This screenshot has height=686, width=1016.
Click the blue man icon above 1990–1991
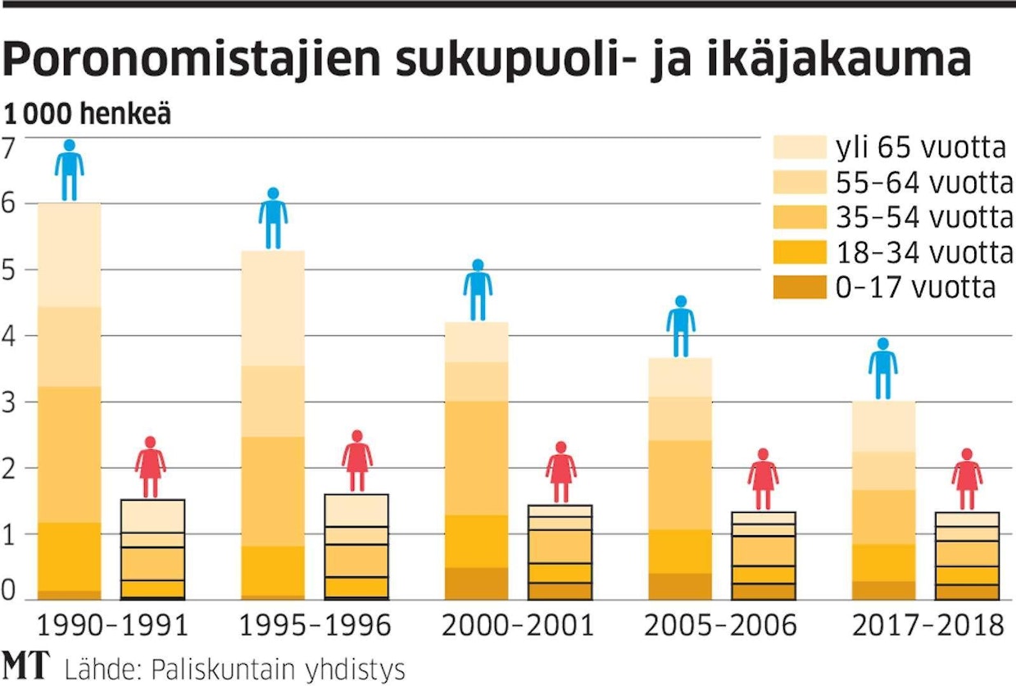tap(70, 170)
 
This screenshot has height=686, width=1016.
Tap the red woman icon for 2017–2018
tap(967, 479)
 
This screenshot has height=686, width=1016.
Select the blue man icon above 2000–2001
tap(478, 290)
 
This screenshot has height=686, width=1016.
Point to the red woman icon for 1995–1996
tap(356, 461)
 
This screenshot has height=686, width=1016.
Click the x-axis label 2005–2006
tap(720, 626)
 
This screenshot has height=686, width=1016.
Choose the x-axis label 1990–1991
tap(112, 626)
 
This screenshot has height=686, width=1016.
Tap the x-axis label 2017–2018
tap(928, 626)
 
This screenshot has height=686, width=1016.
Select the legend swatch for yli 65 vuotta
tap(799, 148)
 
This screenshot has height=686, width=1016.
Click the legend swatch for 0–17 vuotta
tap(799, 288)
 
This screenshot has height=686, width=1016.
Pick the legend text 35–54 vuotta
tap(924, 217)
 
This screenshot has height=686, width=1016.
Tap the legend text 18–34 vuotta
tap(924, 252)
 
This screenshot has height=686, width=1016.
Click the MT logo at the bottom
tap(25, 665)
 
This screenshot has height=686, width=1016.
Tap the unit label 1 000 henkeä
tap(88, 114)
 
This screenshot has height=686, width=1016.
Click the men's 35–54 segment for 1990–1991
tap(70, 454)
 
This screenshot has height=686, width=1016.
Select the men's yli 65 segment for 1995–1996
tap(273, 307)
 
